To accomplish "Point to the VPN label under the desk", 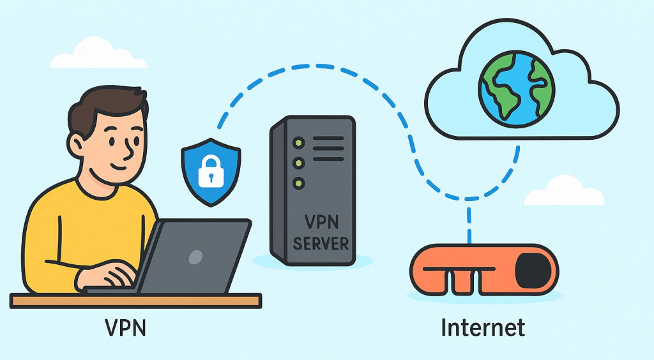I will tap(126, 328).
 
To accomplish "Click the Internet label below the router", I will tap(483, 327).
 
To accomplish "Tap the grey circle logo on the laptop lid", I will tap(196, 257).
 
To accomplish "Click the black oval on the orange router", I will tap(533, 269).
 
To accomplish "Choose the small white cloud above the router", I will tap(564, 192).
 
